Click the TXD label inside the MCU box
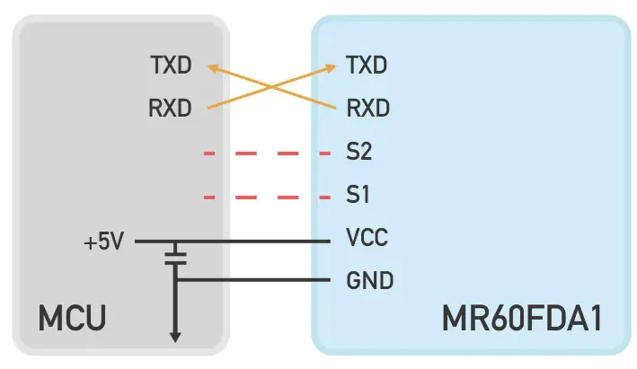170,65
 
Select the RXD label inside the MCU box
170,109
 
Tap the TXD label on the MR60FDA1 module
367,65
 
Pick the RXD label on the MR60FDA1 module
367,109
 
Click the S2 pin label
358,152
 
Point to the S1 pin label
358,195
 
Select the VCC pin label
367,239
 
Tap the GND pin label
369,281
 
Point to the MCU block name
72,319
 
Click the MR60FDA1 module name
520,319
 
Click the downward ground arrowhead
176,337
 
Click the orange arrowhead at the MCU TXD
212,66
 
